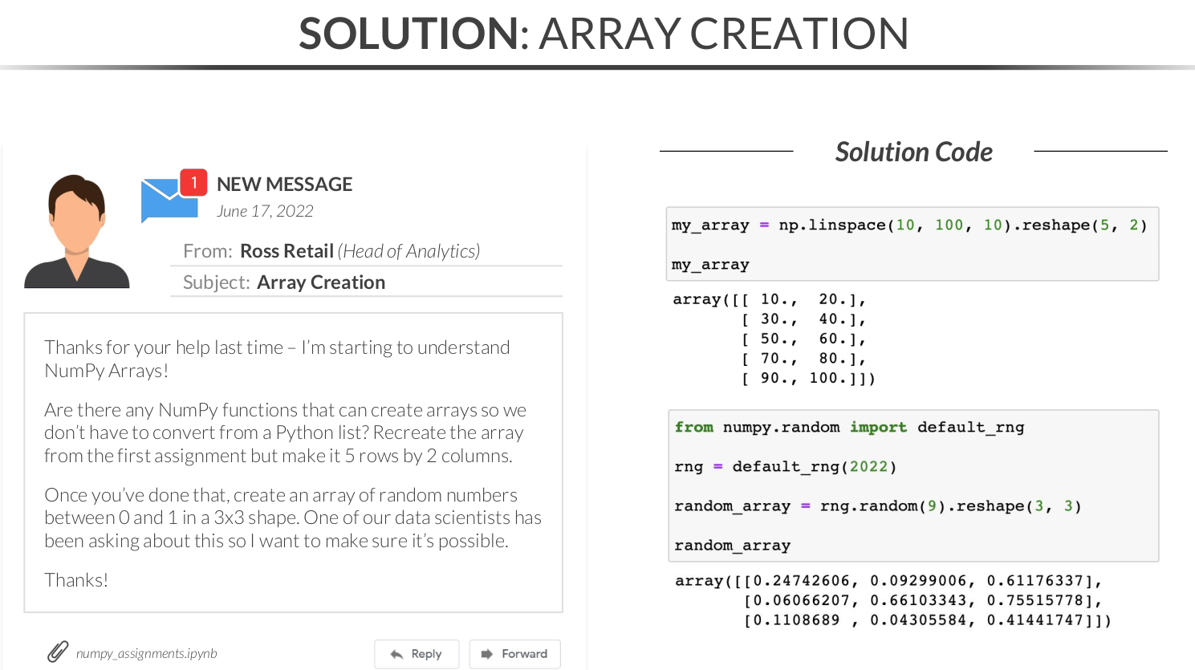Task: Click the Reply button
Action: [x=416, y=654]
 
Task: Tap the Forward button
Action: [x=514, y=654]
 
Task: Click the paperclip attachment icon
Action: [x=58, y=652]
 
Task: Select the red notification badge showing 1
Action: [x=193, y=182]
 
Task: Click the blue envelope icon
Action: [x=168, y=200]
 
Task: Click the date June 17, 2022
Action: [x=265, y=211]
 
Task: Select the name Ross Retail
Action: [x=287, y=250]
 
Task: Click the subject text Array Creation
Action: [x=321, y=282]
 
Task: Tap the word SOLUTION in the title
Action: [x=408, y=33]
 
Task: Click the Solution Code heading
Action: [x=914, y=152]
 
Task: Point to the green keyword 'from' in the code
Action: [x=693, y=428]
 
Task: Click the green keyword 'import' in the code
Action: [x=878, y=428]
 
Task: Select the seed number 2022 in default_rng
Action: [x=868, y=467]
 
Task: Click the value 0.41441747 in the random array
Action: [x=1035, y=620]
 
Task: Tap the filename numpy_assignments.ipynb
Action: [x=147, y=653]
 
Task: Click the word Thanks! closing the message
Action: [x=76, y=580]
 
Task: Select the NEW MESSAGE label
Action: [x=284, y=184]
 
